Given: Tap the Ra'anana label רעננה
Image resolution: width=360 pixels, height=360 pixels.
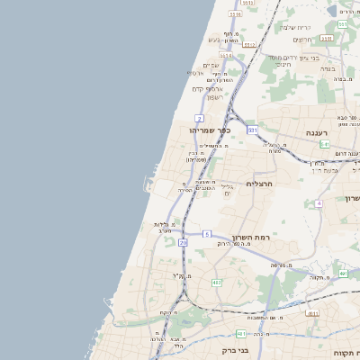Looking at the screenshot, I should [317, 132].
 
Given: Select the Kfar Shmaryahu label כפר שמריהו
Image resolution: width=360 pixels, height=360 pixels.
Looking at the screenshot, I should [210, 130].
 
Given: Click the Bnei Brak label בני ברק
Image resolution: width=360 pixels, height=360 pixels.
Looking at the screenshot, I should [235, 350].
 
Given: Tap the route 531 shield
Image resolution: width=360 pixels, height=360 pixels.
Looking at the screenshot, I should [253, 130].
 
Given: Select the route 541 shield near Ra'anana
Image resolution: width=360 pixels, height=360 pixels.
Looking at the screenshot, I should [324, 144].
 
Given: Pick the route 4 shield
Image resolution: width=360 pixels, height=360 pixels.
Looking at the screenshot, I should [319, 203].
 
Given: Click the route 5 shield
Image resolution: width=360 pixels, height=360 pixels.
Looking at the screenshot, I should [206, 235].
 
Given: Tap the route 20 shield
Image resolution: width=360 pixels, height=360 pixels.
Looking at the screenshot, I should [184, 242].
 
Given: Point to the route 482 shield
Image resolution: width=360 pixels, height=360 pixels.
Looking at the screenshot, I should [216, 283].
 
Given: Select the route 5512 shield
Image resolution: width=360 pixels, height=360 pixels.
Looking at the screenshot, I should [249, 44].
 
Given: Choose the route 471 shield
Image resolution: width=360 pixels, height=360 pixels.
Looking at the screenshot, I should [311, 313].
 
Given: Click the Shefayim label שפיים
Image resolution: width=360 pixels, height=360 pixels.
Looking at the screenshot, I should [211, 65].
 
